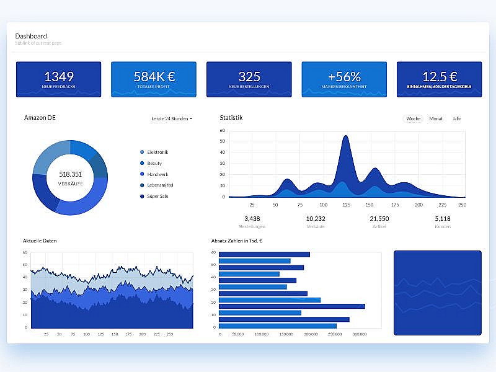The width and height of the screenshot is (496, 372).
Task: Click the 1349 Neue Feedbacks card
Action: [59, 79]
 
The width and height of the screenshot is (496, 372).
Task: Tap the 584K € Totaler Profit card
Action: [154, 79]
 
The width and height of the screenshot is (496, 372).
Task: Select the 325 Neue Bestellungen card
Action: [249, 79]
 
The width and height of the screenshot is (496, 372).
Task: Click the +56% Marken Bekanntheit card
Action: [344, 79]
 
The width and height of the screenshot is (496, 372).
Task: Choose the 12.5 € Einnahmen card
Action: [439, 79]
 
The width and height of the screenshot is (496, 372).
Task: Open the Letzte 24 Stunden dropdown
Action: [172, 118]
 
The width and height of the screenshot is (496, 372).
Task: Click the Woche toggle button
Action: [413, 118]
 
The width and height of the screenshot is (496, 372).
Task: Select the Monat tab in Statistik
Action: [436, 118]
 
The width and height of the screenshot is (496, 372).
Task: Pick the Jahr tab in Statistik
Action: [457, 118]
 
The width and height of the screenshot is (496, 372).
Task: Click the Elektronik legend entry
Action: [157, 152]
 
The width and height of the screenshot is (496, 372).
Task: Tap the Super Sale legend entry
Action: [157, 197]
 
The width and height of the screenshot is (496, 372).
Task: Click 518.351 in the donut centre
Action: [71, 174]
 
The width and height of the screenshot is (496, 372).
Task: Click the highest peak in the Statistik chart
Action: [345, 138]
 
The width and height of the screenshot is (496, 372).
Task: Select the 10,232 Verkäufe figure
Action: [316, 219]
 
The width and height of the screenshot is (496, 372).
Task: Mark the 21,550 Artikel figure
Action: [379, 219]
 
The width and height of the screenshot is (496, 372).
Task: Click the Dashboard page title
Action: [31, 36]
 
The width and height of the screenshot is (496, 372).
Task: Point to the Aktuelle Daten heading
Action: [40, 241]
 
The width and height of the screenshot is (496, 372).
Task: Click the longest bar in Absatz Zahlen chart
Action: [292, 306]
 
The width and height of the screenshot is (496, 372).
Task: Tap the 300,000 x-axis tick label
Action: [360, 334]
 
